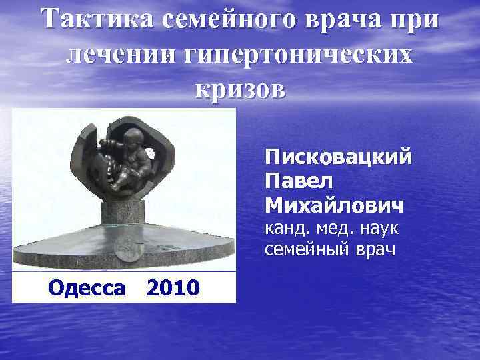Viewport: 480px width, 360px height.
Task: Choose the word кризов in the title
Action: click(240, 89)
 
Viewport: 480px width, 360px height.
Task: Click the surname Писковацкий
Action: click(338, 159)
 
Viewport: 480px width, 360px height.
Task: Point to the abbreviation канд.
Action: click(287, 229)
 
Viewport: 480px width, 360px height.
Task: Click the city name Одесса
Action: click(86, 288)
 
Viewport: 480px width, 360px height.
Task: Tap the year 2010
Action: click(172, 288)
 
